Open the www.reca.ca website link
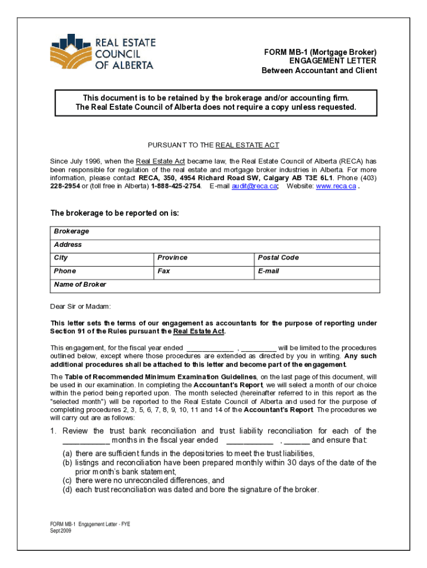click(336, 186)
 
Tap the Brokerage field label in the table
click(71, 231)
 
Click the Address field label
click(68, 245)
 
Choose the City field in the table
click(61, 258)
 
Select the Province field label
click(172, 258)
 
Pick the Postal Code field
click(278, 258)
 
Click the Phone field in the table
click(65, 271)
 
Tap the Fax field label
click(164, 271)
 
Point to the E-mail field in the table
click(268, 271)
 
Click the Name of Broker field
click(80, 285)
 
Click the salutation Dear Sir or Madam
click(80, 306)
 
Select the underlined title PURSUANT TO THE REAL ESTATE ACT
click(213, 145)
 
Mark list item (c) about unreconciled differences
click(143, 480)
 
